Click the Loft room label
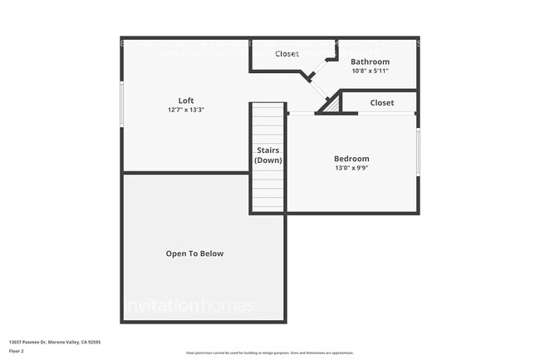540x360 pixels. click(x=186, y=101)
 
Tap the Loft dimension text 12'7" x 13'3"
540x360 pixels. click(x=186, y=110)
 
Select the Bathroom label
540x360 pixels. click(x=370, y=62)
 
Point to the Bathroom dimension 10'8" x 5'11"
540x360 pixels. click(x=370, y=70)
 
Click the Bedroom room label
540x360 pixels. click(x=351, y=159)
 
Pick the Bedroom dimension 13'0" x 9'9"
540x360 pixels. click(x=351, y=168)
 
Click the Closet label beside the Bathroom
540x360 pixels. click(x=287, y=54)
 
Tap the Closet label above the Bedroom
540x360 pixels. click(x=382, y=103)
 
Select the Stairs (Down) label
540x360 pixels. click(x=268, y=155)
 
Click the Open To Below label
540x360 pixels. click(x=194, y=254)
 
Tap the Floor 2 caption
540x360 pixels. click(x=17, y=351)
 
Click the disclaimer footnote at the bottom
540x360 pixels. click(x=269, y=353)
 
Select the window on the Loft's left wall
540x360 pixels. click(x=122, y=104)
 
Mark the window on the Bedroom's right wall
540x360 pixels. click(x=418, y=151)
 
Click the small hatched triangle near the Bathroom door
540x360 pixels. click(x=331, y=106)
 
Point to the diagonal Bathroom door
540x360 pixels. click(x=317, y=89)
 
